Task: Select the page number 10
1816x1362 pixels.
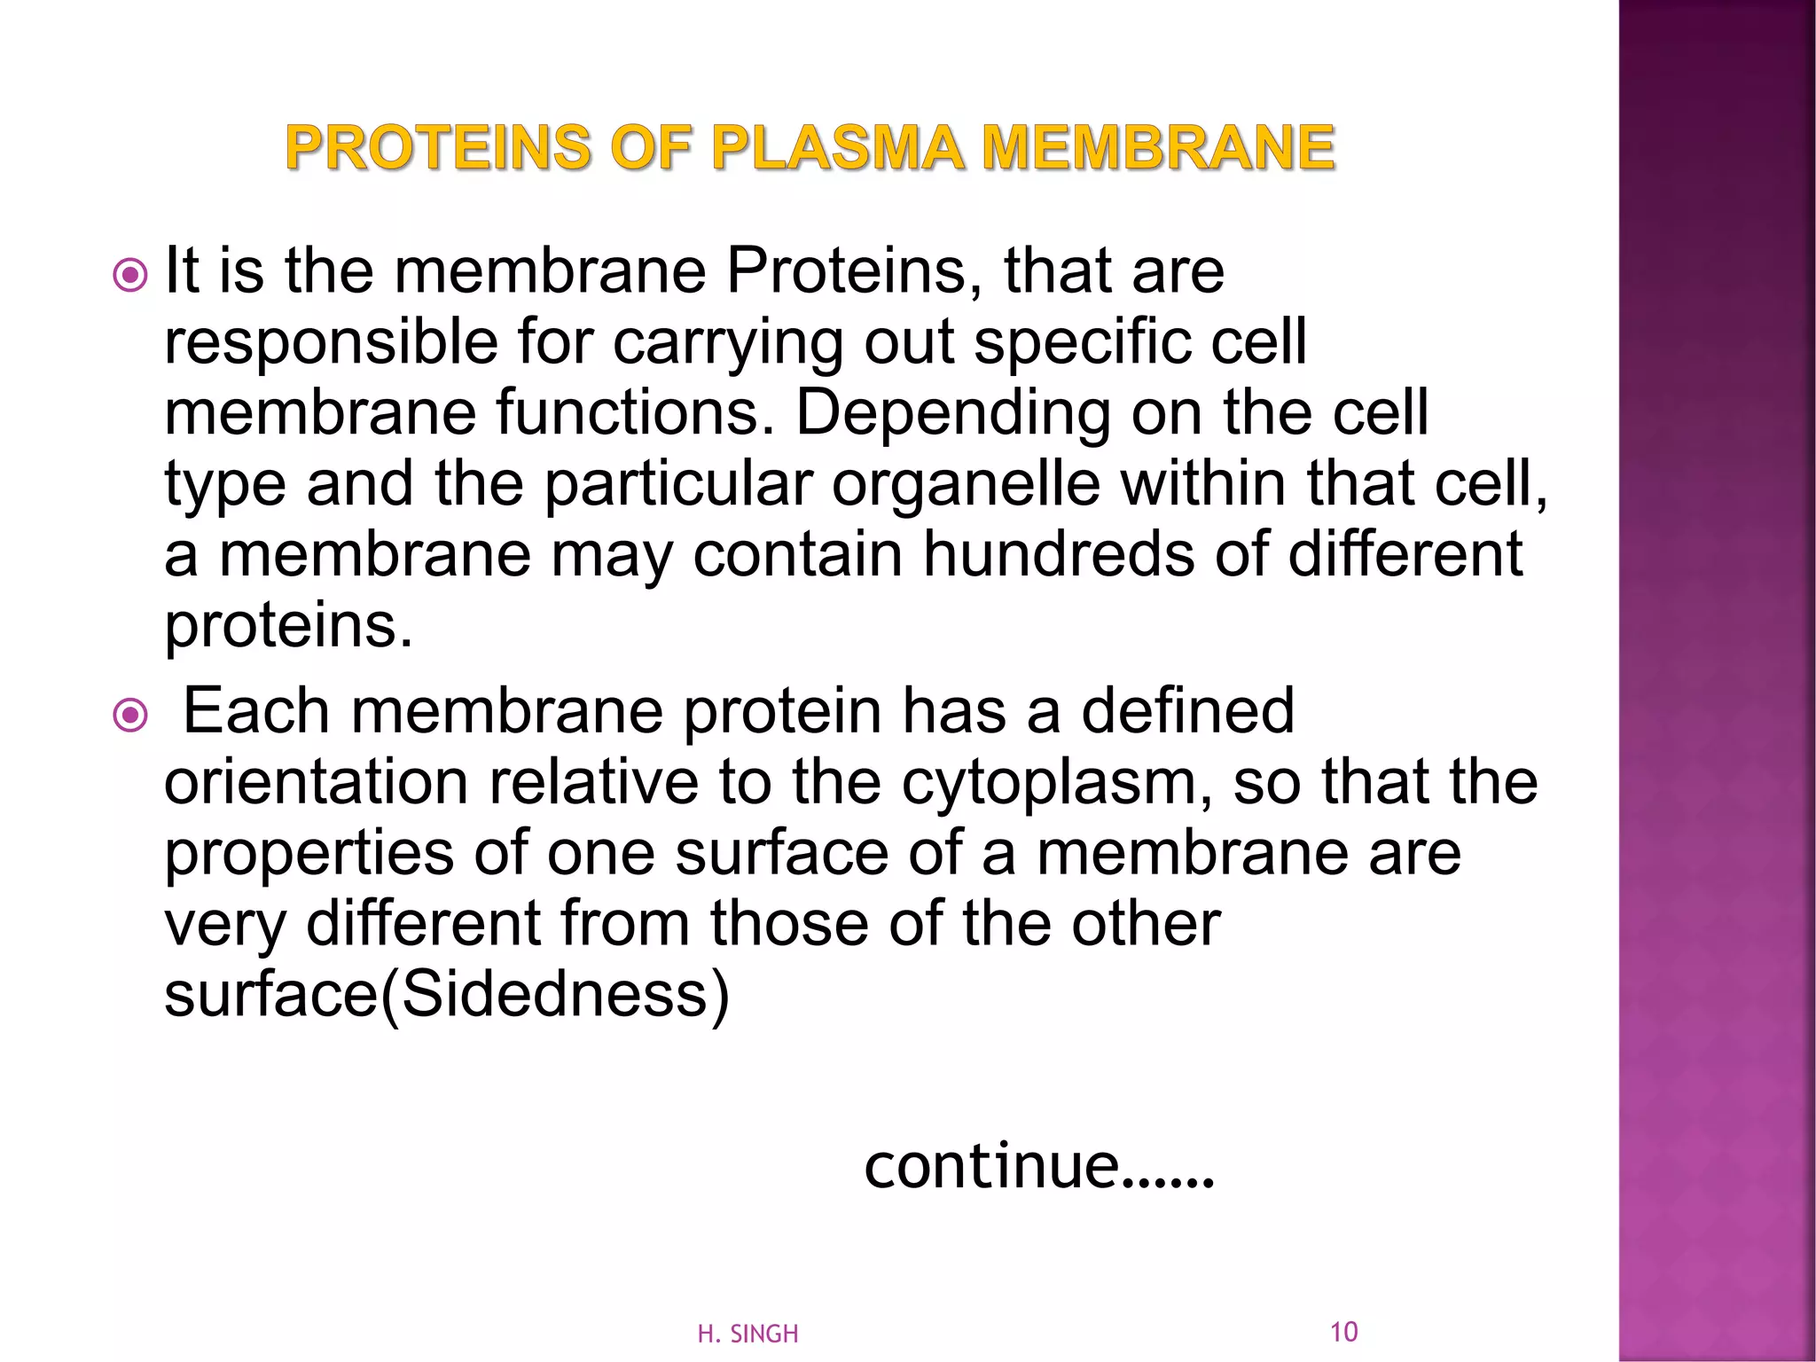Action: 1343,1331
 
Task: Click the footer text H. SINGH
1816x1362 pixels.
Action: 748,1334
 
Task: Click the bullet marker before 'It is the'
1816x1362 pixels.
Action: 131,276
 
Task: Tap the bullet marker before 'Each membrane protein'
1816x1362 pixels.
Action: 131,716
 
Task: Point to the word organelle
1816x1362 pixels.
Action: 966,484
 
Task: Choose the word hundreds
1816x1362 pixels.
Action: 1059,555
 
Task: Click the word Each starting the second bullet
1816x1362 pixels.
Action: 256,711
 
